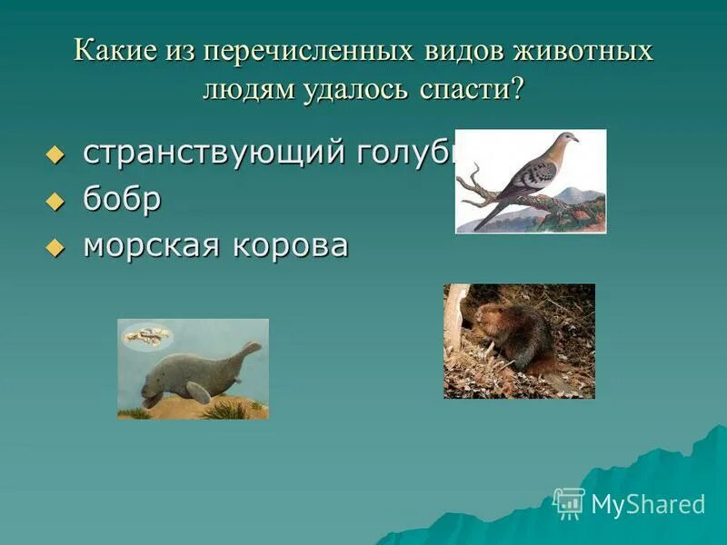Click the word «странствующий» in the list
pos(213,154)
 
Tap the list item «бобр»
pos(122,200)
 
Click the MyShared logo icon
pos(569,502)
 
